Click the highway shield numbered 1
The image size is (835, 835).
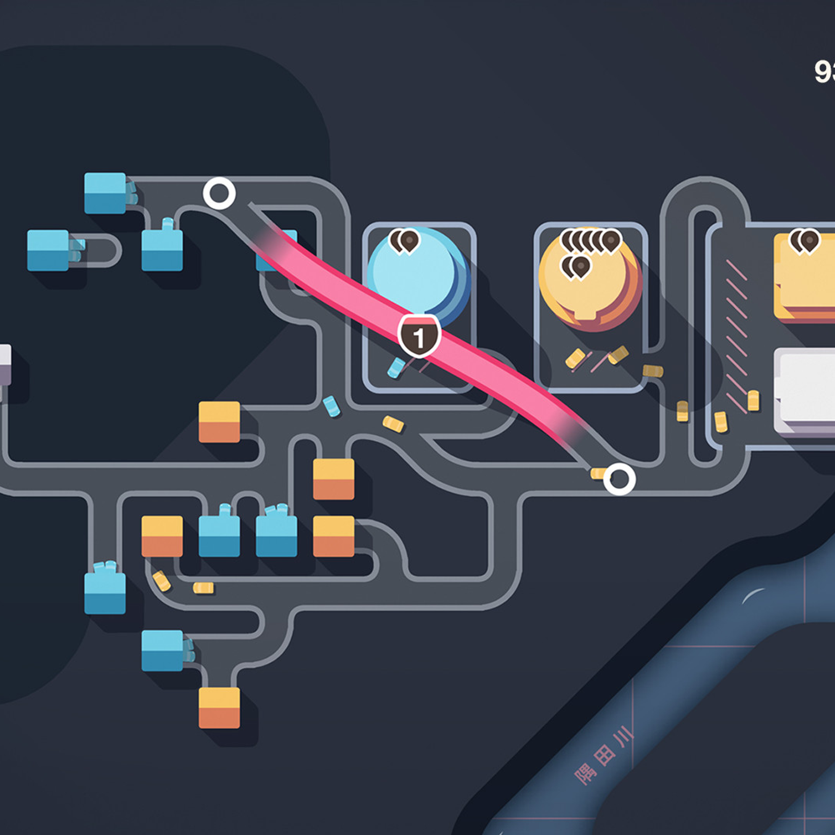[x=419, y=337]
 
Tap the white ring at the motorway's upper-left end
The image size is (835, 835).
[x=219, y=193]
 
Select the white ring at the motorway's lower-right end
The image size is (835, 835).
[x=619, y=479]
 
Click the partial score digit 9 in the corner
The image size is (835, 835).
[x=824, y=72]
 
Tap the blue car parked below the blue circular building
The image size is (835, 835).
[x=396, y=367]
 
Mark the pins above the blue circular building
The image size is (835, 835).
[x=404, y=241]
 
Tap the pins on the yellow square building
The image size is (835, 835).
[x=805, y=241]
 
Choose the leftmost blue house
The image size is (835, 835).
[x=48, y=250]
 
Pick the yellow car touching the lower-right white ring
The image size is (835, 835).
[x=598, y=473]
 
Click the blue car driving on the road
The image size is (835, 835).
[x=331, y=407]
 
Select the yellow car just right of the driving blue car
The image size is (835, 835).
[x=393, y=424]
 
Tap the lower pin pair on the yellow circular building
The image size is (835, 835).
[x=576, y=267]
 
